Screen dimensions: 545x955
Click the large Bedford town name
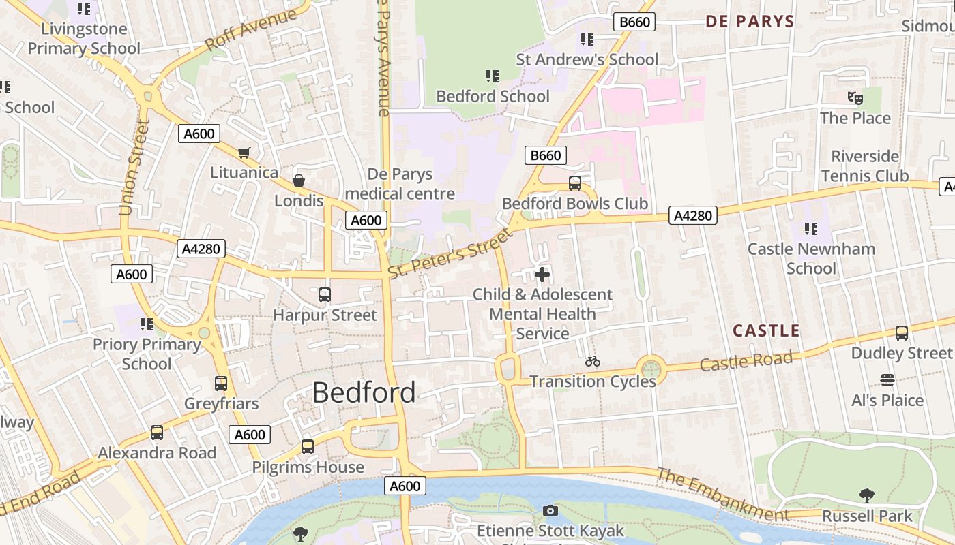tap(364, 392)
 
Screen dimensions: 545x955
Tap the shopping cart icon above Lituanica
tap(244, 153)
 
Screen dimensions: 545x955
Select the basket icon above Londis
tap(298, 181)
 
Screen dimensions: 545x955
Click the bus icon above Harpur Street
tap(325, 295)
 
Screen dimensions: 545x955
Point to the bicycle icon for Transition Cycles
tap(592, 361)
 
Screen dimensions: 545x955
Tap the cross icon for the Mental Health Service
tap(542, 275)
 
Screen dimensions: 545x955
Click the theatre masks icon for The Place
tap(855, 98)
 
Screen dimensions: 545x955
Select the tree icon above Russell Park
tap(866, 495)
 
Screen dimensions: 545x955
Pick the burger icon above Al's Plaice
tap(887, 379)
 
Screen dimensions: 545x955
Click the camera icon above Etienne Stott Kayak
tap(550, 510)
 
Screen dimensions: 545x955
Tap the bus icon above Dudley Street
tap(901, 333)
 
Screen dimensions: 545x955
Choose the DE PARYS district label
tap(750, 22)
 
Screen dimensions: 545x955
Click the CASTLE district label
tap(766, 331)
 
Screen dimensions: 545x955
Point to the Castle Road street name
tap(746, 361)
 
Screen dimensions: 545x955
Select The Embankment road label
tap(722, 494)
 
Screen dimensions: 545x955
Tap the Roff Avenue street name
tap(250, 31)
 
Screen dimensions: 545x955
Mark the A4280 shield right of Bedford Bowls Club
tap(693, 216)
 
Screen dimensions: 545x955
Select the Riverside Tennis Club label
tap(864, 166)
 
